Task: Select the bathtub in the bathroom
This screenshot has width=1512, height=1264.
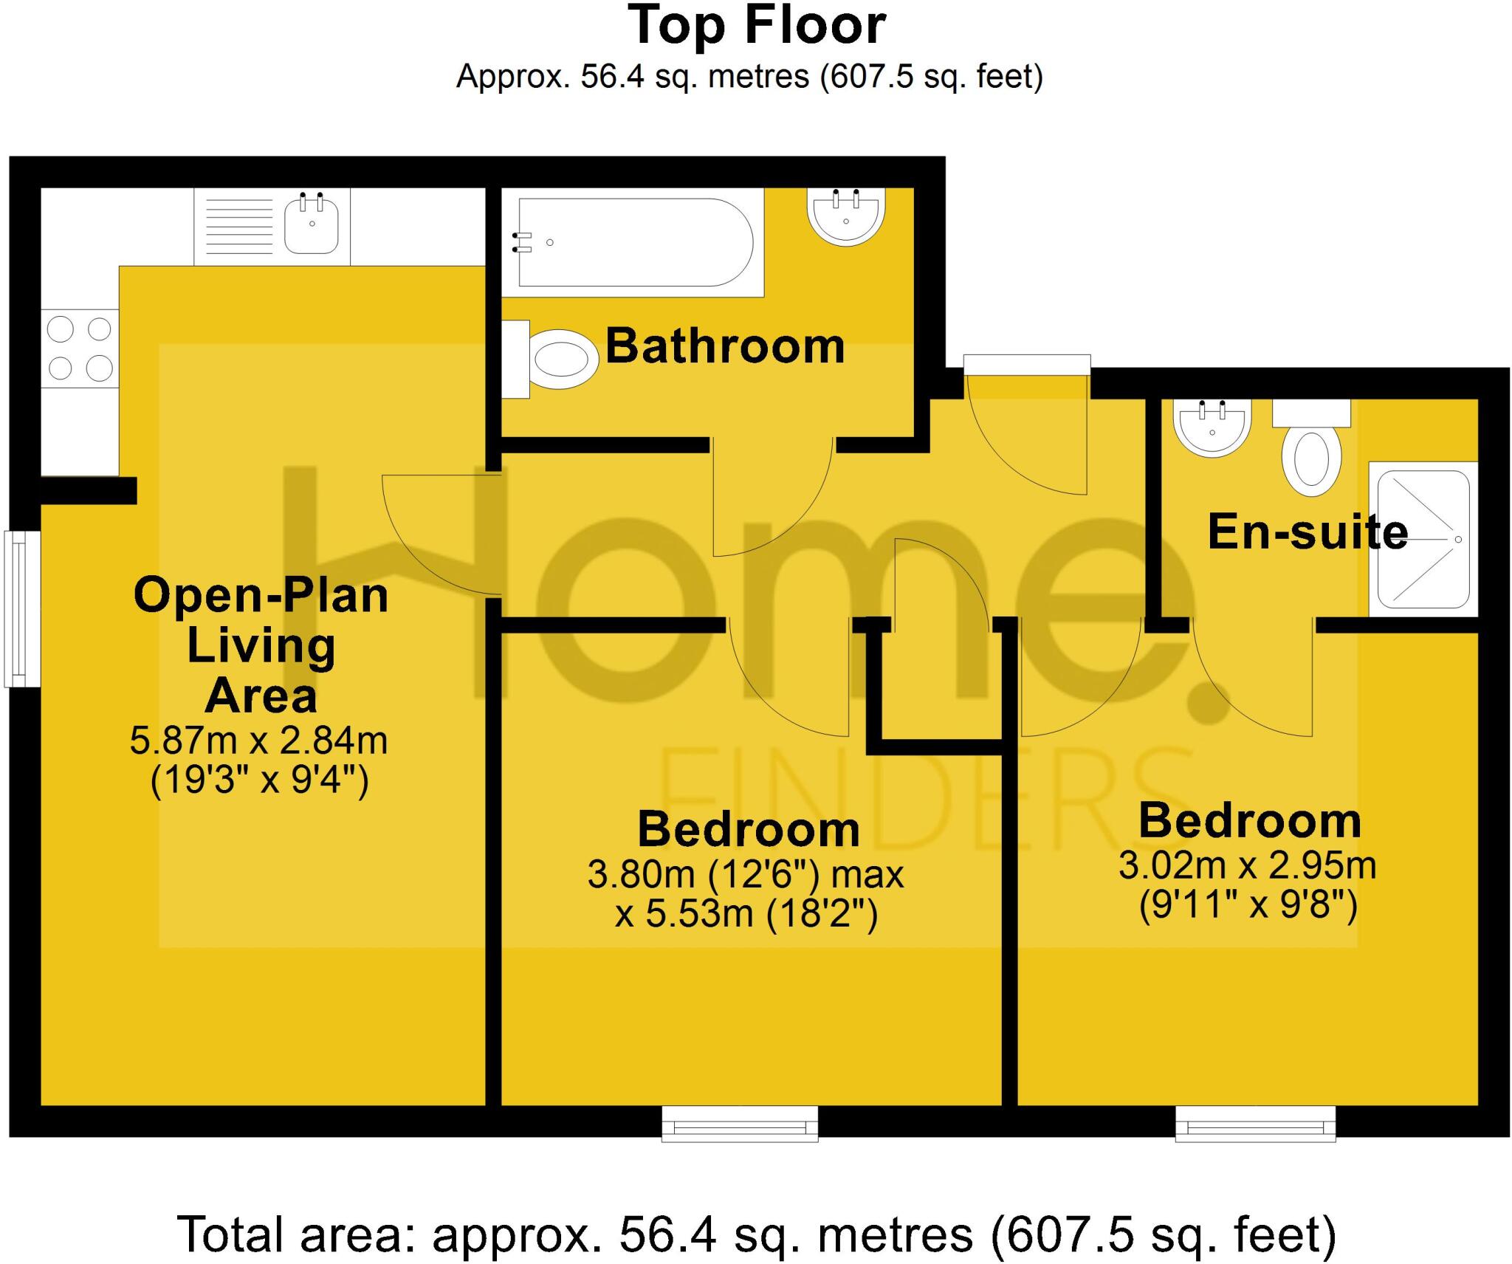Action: pyautogui.click(x=635, y=242)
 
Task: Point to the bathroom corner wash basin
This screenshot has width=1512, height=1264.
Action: pyautogui.click(x=846, y=216)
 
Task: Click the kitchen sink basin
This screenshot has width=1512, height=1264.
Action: pyautogui.click(x=311, y=224)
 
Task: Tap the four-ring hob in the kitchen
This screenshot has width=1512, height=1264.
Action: pyautogui.click(x=80, y=348)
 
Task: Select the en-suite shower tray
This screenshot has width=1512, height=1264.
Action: pyautogui.click(x=1423, y=540)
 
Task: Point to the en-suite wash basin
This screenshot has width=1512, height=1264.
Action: pyautogui.click(x=1212, y=429)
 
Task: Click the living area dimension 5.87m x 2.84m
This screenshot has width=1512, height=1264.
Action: pyautogui.click(x=258, y=741)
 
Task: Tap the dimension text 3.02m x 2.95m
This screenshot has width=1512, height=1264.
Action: pyautogui.click(x=1247, y=865)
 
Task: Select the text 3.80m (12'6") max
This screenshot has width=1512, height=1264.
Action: pyautogui.click(x=745, y=875)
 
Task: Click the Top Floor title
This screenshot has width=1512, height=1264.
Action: pyautogui.click(x=756, y=27)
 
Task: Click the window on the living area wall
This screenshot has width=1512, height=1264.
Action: pyautogui.click(x=22, y=608)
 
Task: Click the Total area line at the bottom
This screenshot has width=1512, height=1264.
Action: pyautogui.click(x=756, y=1215)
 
